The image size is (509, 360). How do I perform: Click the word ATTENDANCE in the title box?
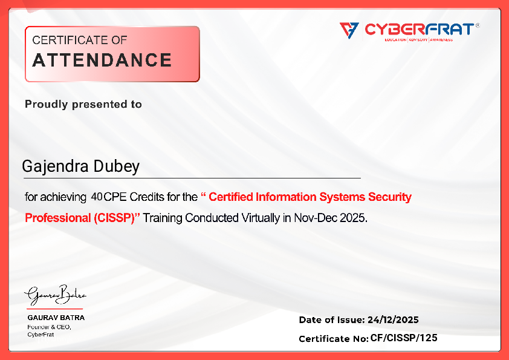pyautogui.click(x=102, y=61)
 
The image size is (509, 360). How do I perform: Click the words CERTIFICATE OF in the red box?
pyautogui.click(x=79, y=41)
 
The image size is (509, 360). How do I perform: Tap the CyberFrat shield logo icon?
pyautogui.click(x=349, y=29)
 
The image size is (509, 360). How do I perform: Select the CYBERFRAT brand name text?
pyautogui.click(x=418, y=29)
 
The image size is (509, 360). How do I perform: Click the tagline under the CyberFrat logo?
pyautogui.click(x=418, y=40)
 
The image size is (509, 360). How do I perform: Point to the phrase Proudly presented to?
pyautogui.click(x=83, y=104)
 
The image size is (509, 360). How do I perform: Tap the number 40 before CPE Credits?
pyautogui.click(x=97, y=197)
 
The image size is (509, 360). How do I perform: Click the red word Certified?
pyautogui.click(x=232, y=197)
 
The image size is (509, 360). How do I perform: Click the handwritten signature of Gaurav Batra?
pyautogui.click(x=55, y=296)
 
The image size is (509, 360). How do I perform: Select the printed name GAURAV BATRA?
pyautogui.click(x=56, y=318)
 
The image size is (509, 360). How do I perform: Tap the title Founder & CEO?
pyautogui.click(x=49, y=327)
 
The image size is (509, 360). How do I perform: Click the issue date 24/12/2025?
pyautogui.click(x=393, y=320)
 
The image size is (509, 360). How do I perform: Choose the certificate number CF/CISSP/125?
pyautogui.click(x=404, y=338)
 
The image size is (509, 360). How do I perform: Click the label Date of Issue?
pyautogui.click(x=331, y=320)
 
